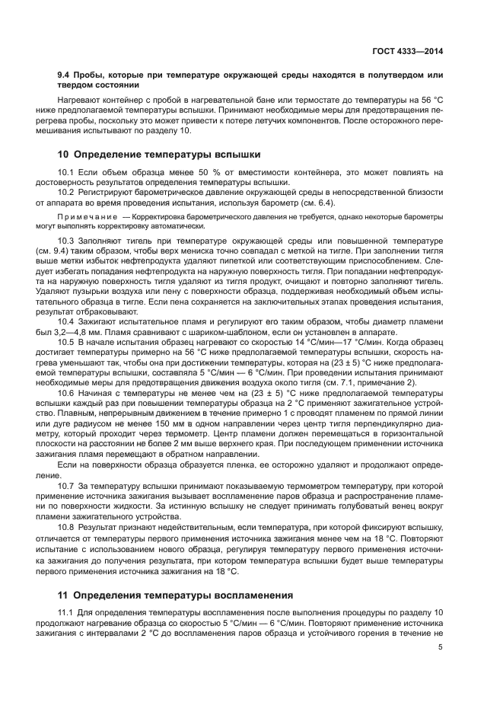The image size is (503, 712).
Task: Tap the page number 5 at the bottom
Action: point(441,648)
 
